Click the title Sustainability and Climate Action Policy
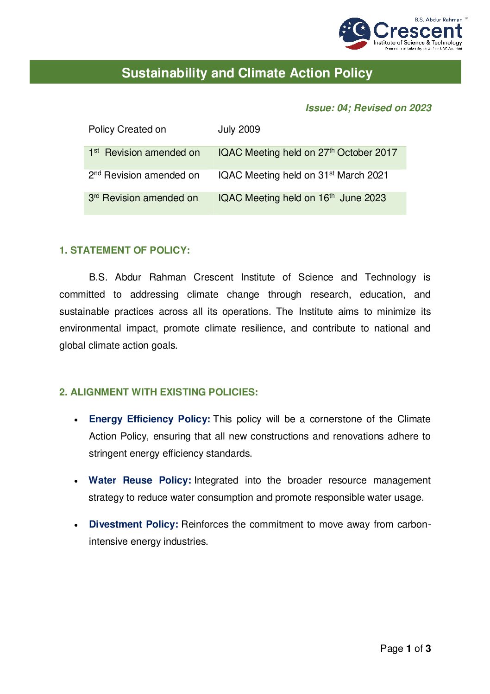(x=247, y=73)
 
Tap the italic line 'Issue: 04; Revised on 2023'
(x=368, y=108)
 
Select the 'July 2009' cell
(x=239, y=129)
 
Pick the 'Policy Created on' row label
(x=127, y=129)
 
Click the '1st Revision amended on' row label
(x=144, y=153)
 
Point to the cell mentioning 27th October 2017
(x=308, y=153)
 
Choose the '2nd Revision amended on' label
(x=144, y=175)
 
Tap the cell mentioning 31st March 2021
(x=303, y=175)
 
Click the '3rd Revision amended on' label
(x=143, y=198)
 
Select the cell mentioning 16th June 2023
(x=302, y=198)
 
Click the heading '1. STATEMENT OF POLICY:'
(x=125, y=250)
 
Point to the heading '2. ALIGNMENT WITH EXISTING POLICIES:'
(x=158, y=392)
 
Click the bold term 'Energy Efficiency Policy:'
(x=150, y=419)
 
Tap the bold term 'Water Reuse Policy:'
(x=140, y=480)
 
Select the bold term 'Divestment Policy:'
(x=133, y=524)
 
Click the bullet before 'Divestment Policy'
(x=76, y=525)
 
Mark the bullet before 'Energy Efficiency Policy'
(x=76, y=420)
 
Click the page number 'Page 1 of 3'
(x=405, y=649)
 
